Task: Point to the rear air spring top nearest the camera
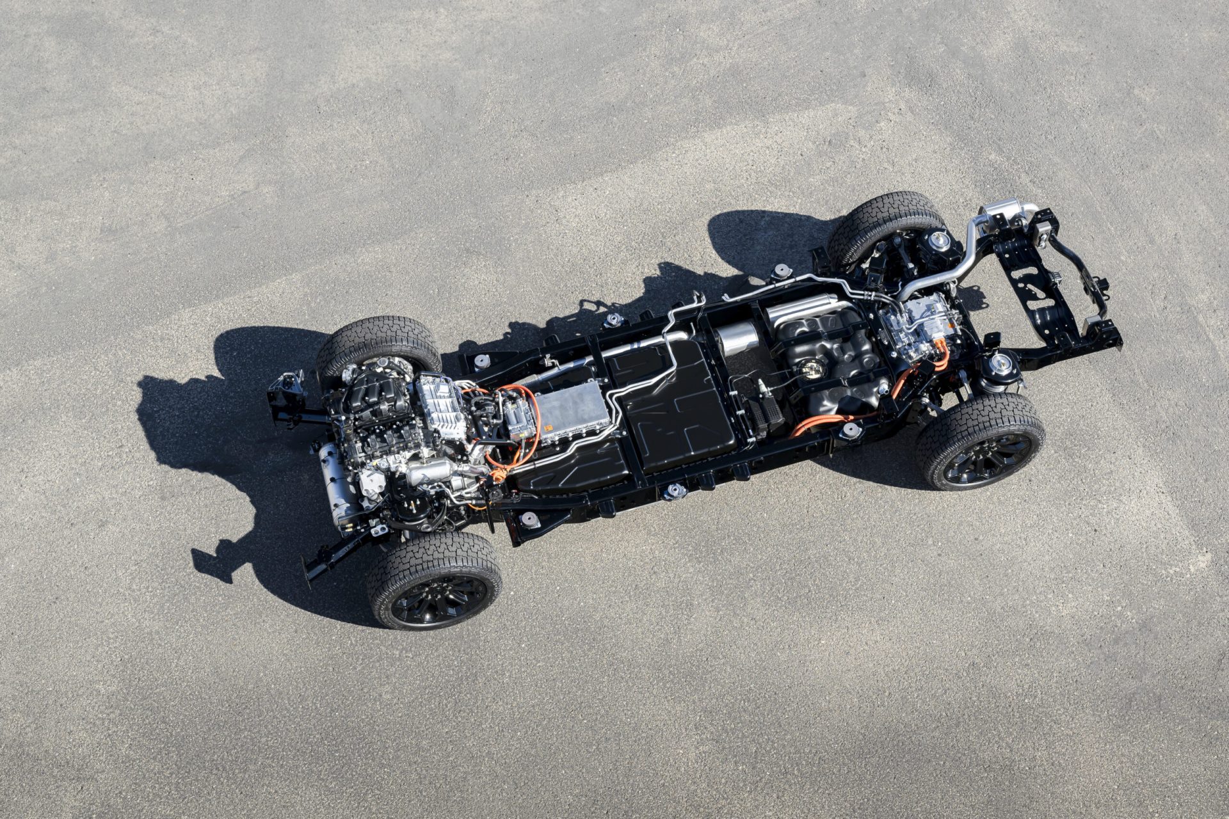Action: point(1000,365)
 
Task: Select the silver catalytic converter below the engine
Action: point(426,473)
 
